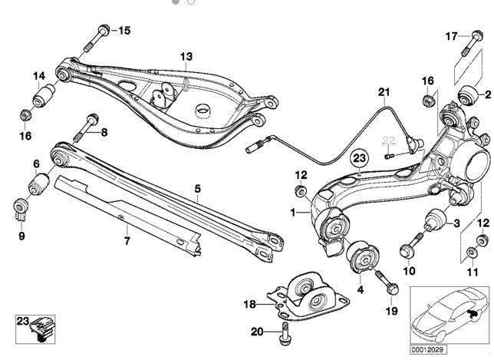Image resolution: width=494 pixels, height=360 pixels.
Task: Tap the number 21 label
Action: pos(384,93)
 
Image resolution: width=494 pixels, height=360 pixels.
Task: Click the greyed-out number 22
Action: pos(389,139)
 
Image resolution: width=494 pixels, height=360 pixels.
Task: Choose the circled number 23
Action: pos(358,180)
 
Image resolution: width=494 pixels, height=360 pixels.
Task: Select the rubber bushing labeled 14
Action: pos(43,97)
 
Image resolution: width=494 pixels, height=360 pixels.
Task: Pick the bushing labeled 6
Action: pos(40,206)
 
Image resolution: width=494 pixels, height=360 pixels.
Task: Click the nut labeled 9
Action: pos(21,207)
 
